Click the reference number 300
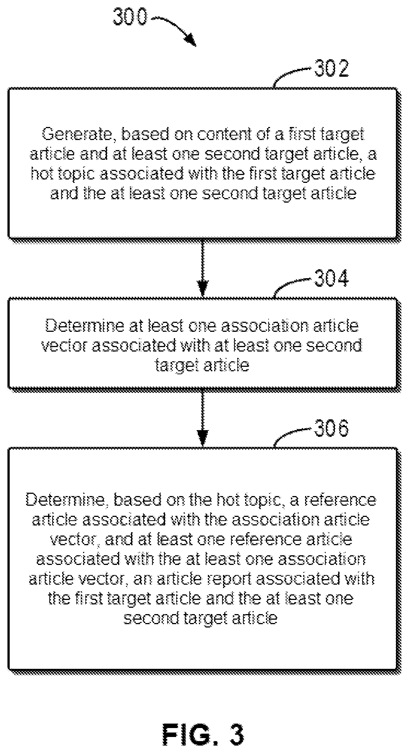click(x=130, y=18)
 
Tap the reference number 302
click(x=332, y=68)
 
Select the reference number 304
click(x=332, y=278)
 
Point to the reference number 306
click(x=332, y=428)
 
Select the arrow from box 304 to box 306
click(x=203, y=417)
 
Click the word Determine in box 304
click(x=85, y=326)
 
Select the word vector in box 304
click(x=64, y=346)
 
